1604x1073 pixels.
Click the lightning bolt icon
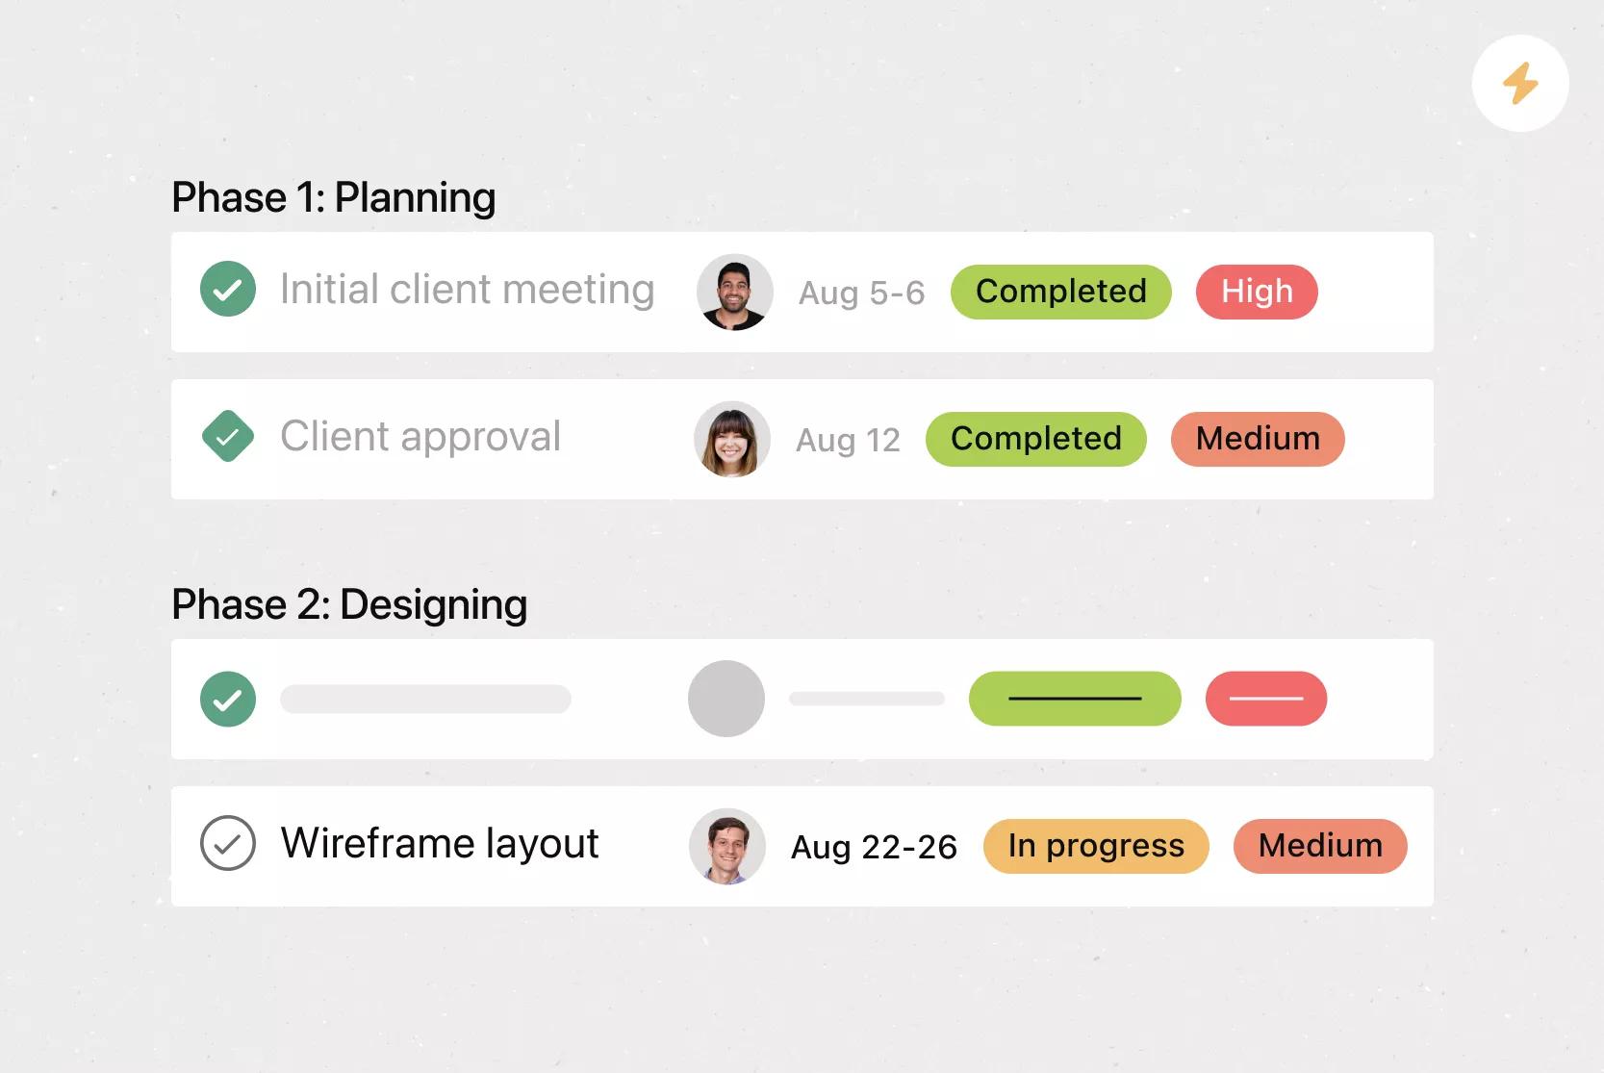(x=1519, y=83)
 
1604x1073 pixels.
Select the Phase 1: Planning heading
(x=334, y=197)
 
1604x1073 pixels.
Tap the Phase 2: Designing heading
(x=349, y=603)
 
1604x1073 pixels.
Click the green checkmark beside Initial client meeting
(x=228, y=289)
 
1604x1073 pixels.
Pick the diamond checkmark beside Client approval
(x=228, y=436)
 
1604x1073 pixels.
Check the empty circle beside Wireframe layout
(x=228, y=842)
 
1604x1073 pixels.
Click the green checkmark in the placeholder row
(x=228, y=699)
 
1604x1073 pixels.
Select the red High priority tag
(x=1257, y=292)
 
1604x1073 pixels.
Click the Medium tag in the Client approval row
(x=1258, y=439)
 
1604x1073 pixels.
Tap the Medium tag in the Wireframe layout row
(x=1320, y=845)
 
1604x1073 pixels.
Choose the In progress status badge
(x=1096, y=845)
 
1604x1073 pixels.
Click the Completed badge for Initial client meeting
(x=1061, y=292)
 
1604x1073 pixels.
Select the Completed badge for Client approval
(x=1036, y=439)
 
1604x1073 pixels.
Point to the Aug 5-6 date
(x=861, y=293)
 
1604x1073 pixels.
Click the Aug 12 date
(x=848, y=440)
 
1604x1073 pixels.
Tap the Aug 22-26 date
(x=874, y=847)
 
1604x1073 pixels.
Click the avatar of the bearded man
(x=735, y=292)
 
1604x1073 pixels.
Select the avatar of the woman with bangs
(x=732, y=439)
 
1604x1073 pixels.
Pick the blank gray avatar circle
(x=726, y=699)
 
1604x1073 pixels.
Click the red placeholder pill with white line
(x=1266, y=699)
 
